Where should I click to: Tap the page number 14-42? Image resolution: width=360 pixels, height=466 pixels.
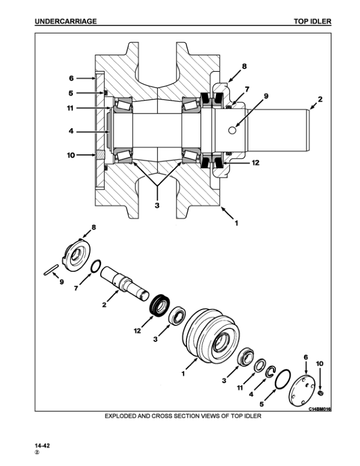(x=42, y=447)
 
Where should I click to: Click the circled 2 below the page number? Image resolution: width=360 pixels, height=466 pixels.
(x=37, y=454)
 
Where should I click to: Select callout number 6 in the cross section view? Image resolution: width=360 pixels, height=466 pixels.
(x=71, y=78)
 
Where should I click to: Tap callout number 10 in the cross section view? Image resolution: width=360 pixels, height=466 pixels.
(x=69, y=155)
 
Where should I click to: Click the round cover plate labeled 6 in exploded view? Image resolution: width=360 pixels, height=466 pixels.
(x=301, y=389)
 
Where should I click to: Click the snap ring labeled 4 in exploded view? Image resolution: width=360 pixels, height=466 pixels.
(x=270, y=371)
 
